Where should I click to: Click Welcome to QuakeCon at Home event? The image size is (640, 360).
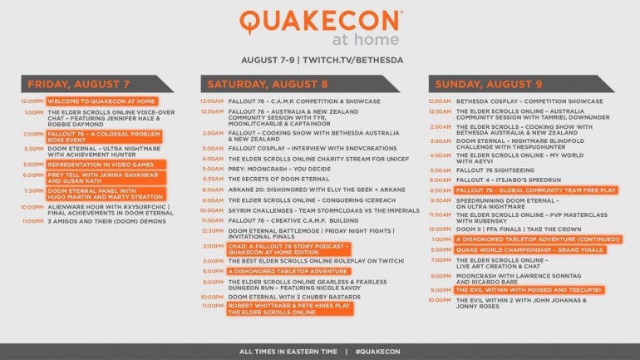click(90, 101)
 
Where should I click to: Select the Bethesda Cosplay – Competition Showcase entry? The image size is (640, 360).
click(529, 101)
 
